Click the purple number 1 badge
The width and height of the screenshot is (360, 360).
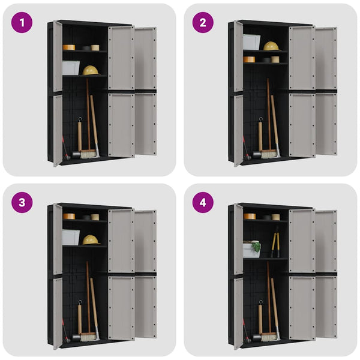(x=22, y=23)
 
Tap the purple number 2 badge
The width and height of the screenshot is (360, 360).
(x=203, y=23)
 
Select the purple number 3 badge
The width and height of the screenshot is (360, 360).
(x=22, y=202)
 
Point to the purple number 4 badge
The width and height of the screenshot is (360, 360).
(x=203, y=202)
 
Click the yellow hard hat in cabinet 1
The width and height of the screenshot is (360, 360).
(x=91, y=70)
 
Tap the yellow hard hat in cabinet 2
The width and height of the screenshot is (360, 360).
(x=271, y=46)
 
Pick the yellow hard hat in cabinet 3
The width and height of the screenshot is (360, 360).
(x=91, y=239)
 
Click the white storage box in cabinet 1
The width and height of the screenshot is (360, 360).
(x=71, y=67)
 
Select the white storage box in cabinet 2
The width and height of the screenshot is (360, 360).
(x=251, y=42)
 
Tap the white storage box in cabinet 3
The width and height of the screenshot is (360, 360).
(x=71, y=237)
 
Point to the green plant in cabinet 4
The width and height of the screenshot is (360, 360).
(x=256, y=246)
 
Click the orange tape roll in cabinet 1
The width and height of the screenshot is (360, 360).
(x=69, y=47)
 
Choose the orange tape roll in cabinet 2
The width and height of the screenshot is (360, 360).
(x=249, y=59)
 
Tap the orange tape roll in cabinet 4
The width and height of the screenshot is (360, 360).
(x=249, y=216)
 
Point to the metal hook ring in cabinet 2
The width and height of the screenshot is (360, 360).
(x=260, y=121)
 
